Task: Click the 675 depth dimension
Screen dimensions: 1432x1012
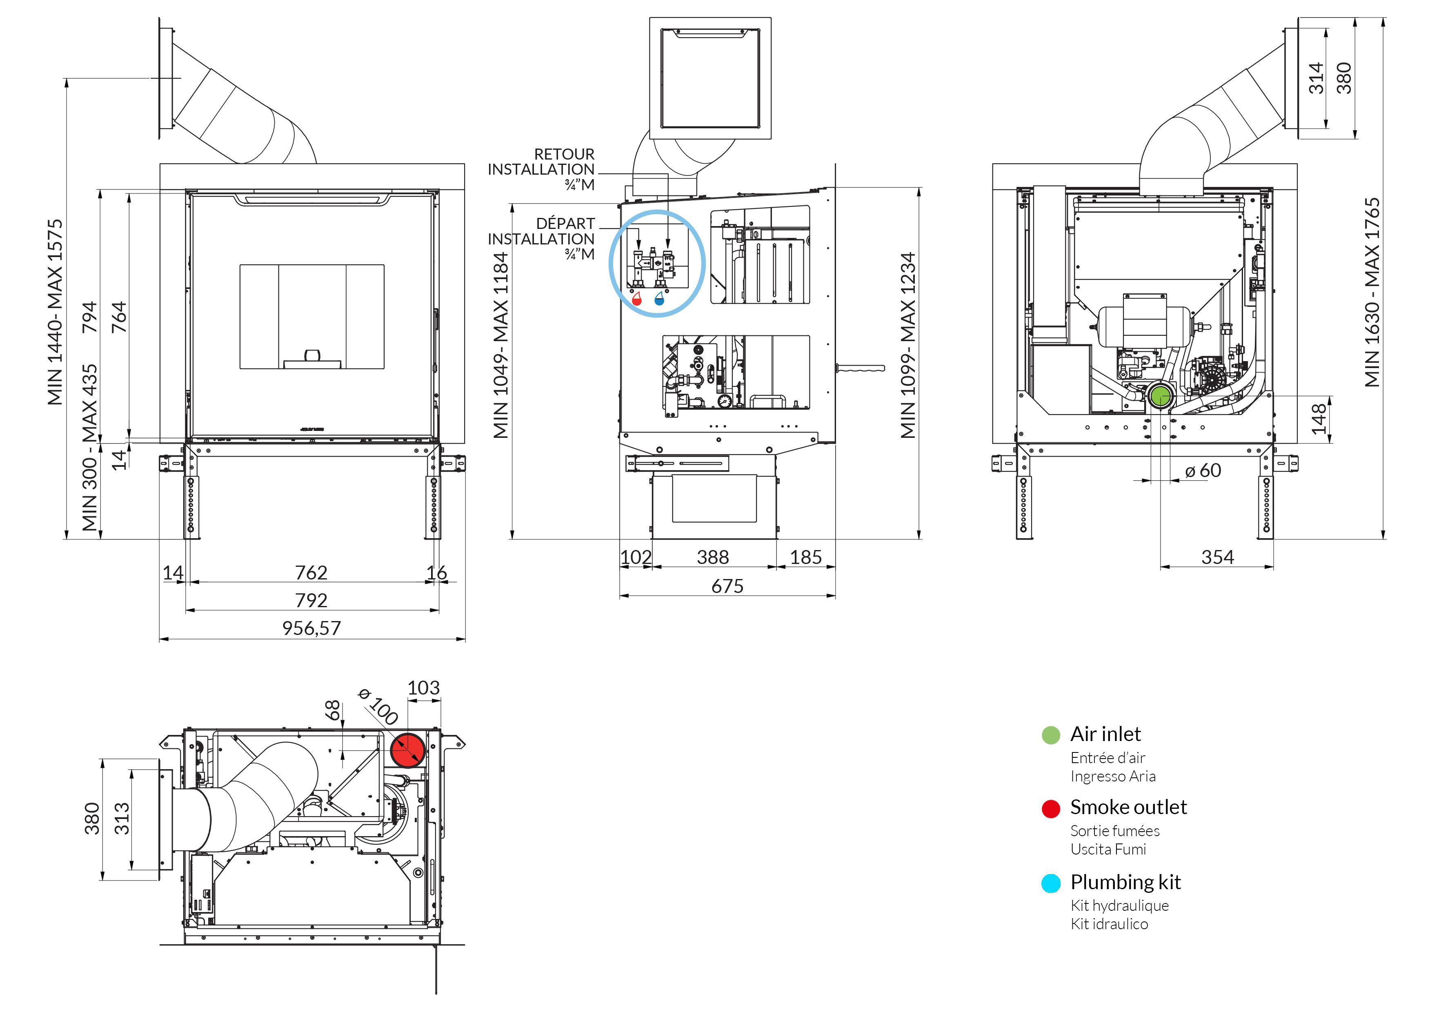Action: click(x=727, y=586)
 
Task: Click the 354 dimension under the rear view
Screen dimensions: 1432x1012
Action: click(x=1217, y=557)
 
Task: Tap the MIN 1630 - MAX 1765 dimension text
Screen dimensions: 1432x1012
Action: click(x=1372, y=293)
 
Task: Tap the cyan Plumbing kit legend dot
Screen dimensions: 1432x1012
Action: click(x=1051, y=883)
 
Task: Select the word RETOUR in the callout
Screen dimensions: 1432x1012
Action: click(x=565, y=154)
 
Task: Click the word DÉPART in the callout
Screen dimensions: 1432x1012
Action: click(x=566, y=223)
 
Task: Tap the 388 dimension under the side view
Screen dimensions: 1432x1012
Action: click(x=713, y=557)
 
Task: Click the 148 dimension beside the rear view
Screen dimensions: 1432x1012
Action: click(x=1319, y=419)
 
